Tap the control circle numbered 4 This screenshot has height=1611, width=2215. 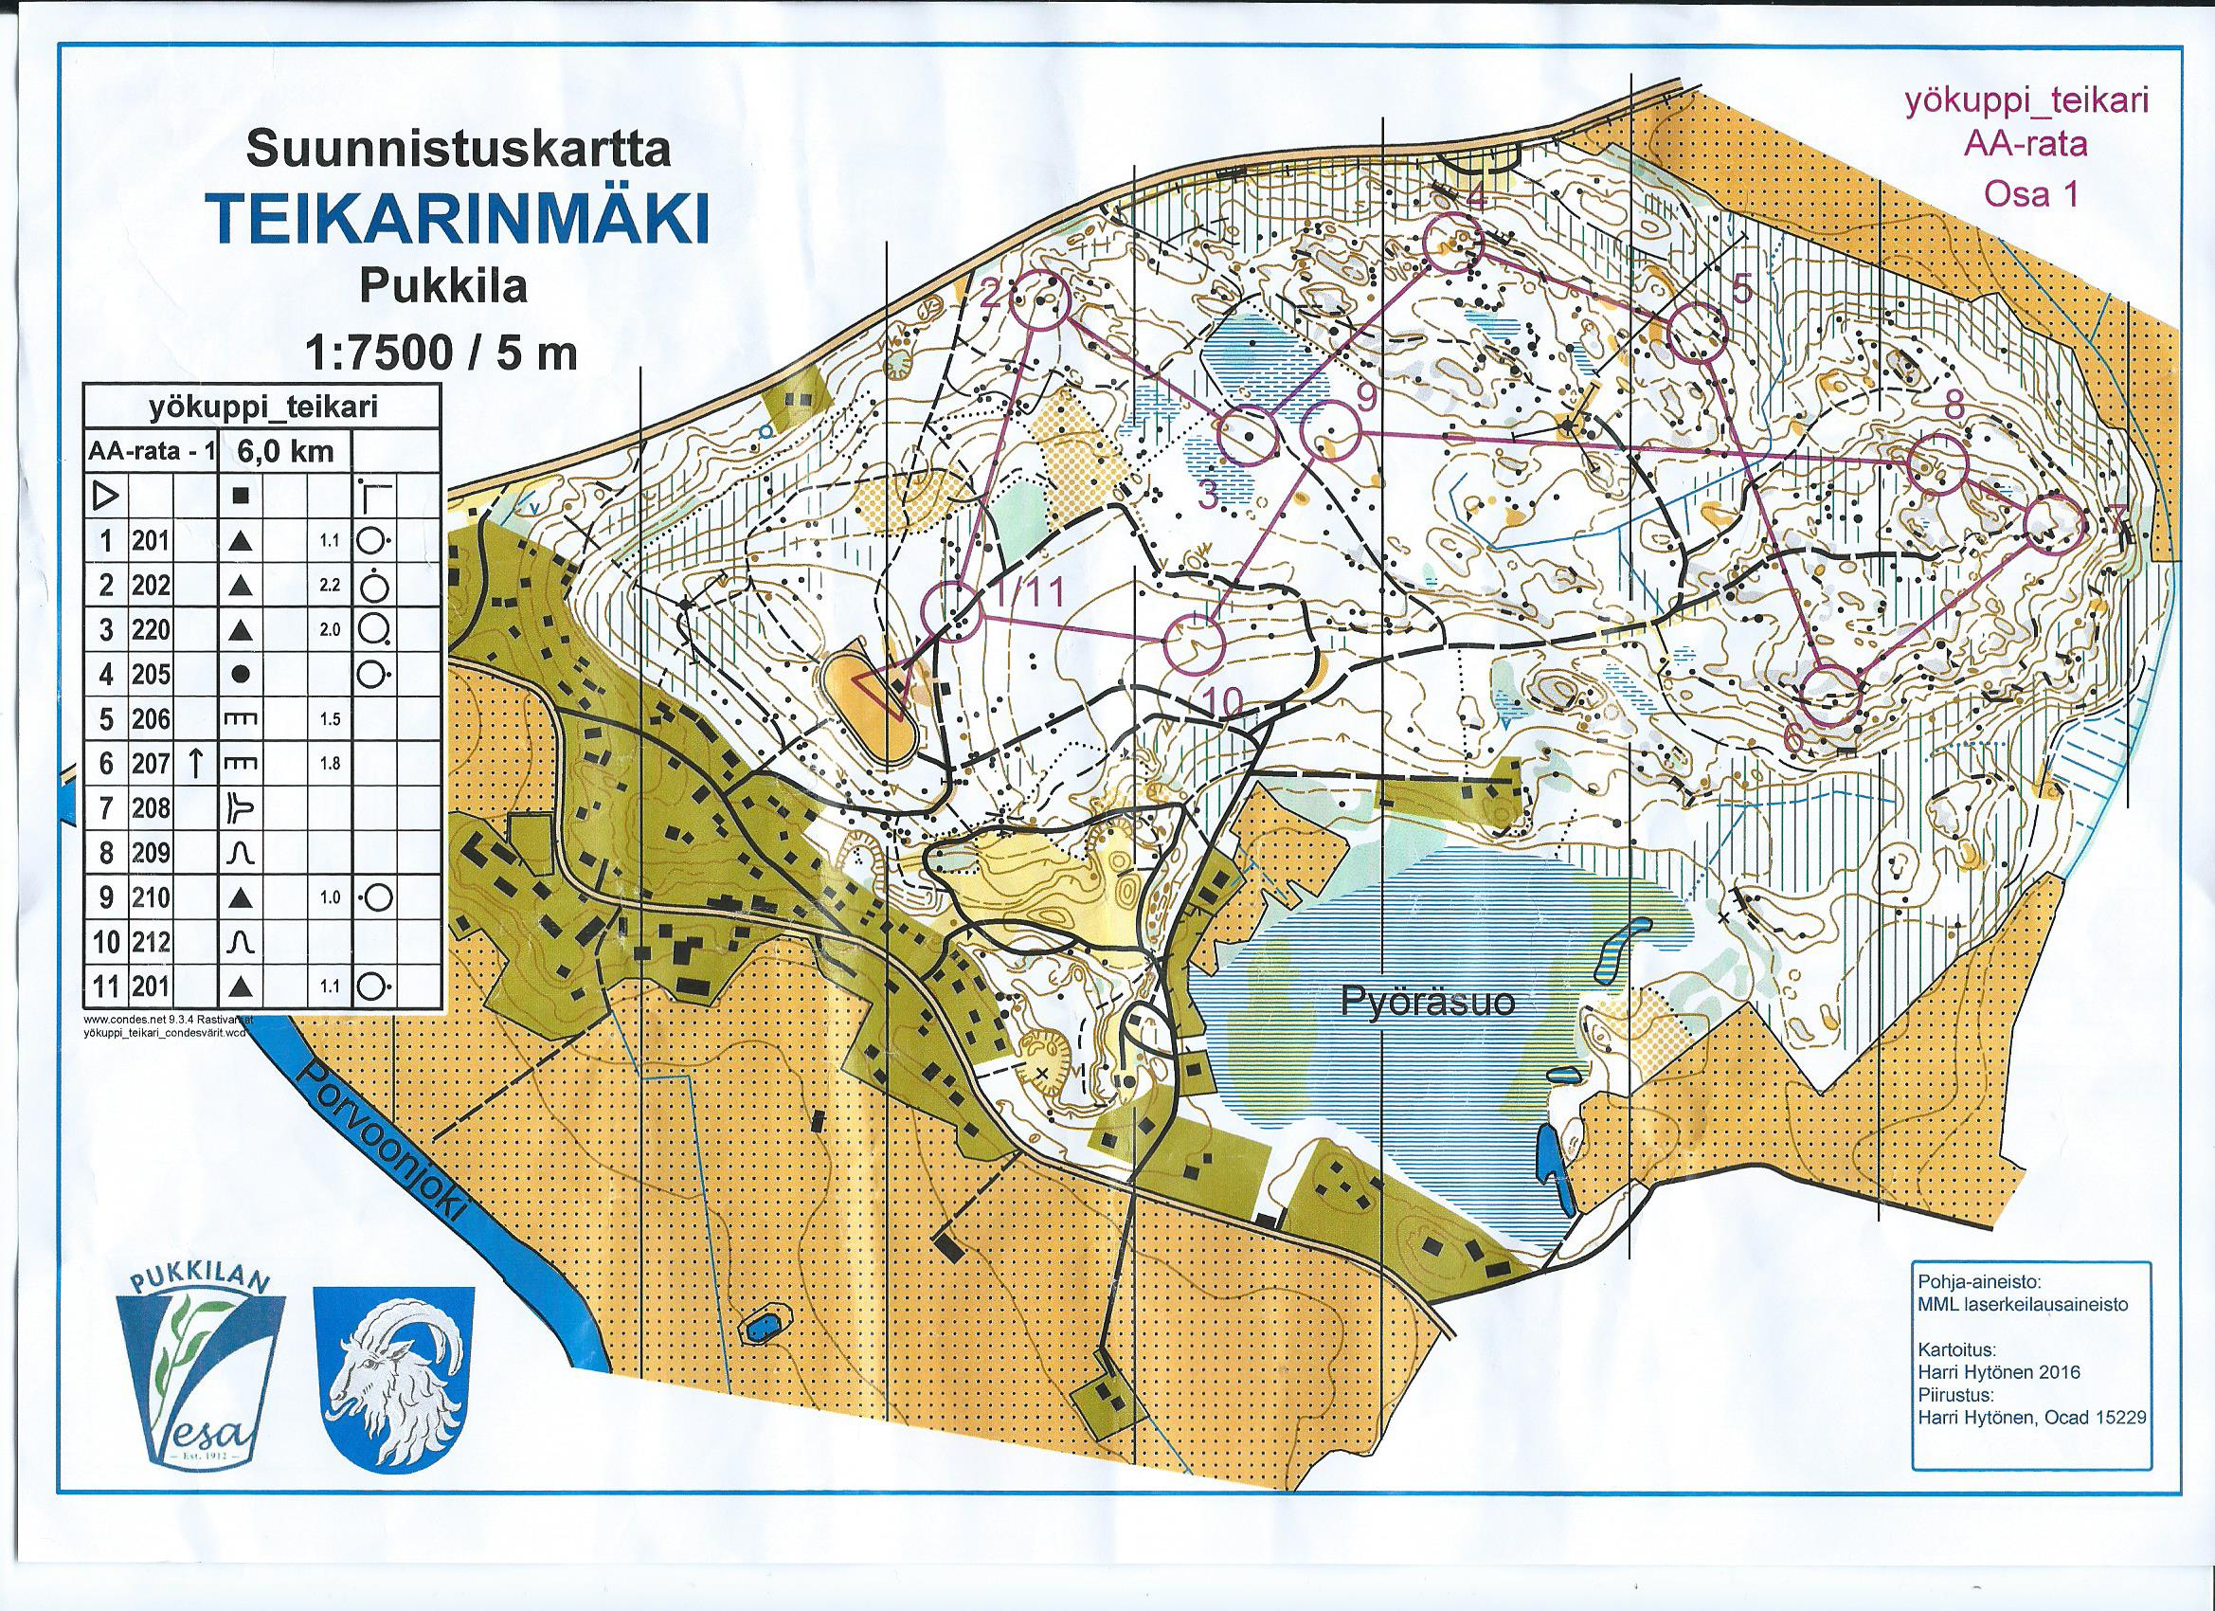(x=1453, y=243)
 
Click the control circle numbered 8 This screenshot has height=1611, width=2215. (x=1937, y=465)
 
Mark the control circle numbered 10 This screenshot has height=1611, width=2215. (x=1195, y=644)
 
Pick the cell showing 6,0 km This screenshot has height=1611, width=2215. (x=281, y=451)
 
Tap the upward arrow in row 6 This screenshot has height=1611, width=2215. (x=196, y=765)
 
